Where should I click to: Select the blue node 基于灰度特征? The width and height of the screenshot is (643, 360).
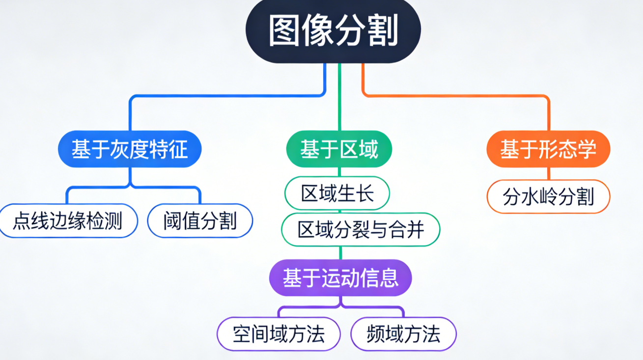coord(130,149)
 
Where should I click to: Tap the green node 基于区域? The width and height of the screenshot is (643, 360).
coord(339,149)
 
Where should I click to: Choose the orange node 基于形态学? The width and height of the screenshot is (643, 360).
coord(548,149)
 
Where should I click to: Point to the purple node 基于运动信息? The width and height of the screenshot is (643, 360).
coord(340,278)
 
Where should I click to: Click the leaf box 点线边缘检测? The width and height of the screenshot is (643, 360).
coord(68,221)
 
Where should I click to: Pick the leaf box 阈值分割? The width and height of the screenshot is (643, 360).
coord(200,221)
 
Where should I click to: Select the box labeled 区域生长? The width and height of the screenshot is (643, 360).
coord(337,193)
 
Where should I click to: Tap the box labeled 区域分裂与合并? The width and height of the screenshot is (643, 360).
coord(361,229)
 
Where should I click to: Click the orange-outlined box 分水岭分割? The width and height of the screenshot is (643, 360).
coord(548,197)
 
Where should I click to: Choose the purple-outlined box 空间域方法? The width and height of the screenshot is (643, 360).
coord(279,334)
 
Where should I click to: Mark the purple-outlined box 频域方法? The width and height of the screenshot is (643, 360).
coord(403,334)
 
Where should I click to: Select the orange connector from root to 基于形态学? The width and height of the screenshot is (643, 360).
coord(457,95)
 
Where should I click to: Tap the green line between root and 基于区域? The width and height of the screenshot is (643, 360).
coord(339,98)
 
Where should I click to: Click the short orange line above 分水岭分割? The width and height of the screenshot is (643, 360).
coord(549,174)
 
